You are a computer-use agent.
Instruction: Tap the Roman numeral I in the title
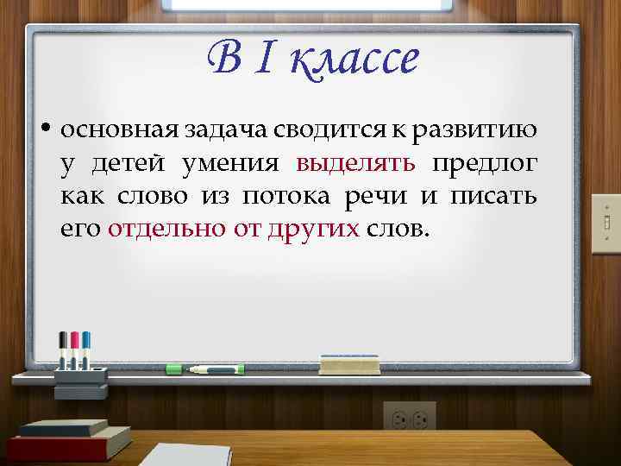tap(267, 60)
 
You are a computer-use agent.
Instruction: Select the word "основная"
tap(121, 130)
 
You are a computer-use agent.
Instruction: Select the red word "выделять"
tap(356, 164)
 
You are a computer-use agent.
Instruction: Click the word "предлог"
tap(485, 164)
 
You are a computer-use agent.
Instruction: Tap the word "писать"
tap(494, 197)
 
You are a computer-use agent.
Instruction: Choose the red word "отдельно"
tap(163, 230)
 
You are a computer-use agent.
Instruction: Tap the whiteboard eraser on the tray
tap(349, 364)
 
